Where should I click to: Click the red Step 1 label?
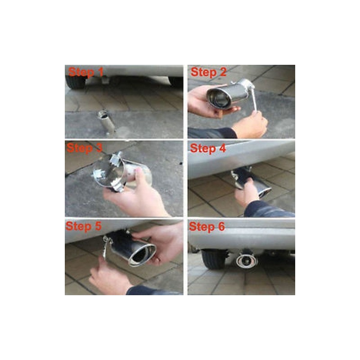(86, 72)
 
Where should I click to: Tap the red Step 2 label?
(208, 72)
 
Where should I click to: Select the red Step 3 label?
(84, 148)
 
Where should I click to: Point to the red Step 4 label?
(208, 148)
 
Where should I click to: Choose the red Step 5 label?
(83, 226)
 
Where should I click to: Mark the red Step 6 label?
(207, 227)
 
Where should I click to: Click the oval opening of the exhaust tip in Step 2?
(219, 98)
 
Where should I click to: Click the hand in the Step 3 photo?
(135, 196)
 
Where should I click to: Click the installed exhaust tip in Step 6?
(247, 261)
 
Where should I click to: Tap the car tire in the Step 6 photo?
(213, 259)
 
